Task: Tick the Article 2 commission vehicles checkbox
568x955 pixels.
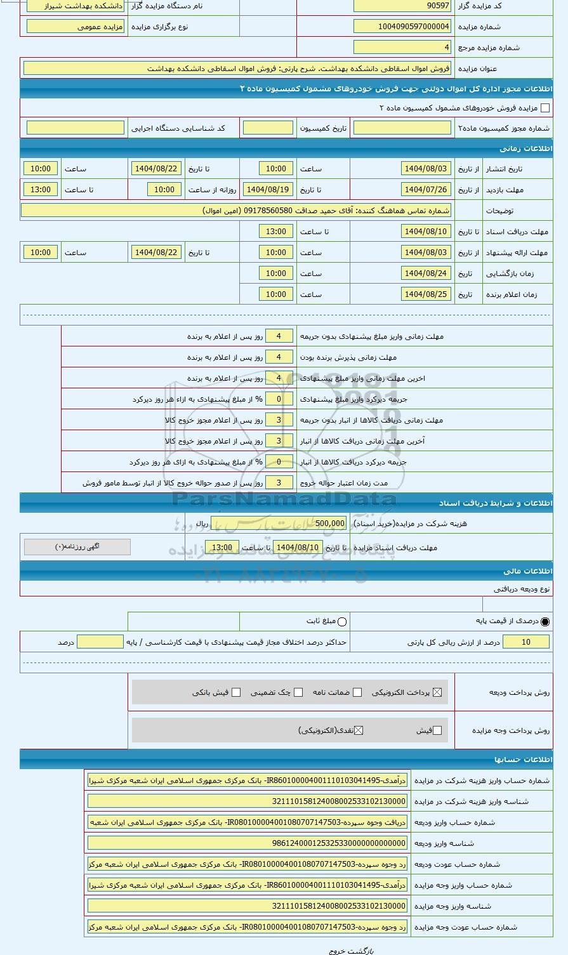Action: point(545,108)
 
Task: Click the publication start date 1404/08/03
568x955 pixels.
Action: point(426,169)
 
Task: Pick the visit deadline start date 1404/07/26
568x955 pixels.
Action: point(426,190)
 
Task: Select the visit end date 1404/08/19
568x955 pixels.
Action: point(267,190)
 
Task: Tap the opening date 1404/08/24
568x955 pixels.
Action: point(426,273)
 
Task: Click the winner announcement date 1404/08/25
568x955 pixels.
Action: point(426,294)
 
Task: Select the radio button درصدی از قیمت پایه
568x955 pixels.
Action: point(545,622)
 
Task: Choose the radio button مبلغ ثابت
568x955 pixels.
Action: point(342,622)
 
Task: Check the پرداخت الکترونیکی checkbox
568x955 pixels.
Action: point(437,692)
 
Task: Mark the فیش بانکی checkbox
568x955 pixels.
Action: point(236,692)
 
